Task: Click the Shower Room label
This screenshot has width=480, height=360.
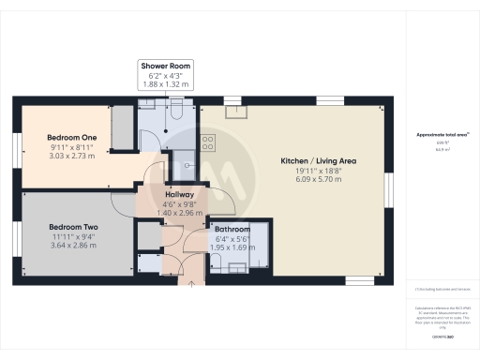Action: point(166,66)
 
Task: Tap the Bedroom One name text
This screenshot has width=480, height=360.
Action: point(72,137)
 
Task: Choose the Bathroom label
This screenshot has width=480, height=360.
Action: point(232,229)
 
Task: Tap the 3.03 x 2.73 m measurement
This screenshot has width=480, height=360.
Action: point(72,157)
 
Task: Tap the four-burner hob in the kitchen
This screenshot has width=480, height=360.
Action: point(208,143)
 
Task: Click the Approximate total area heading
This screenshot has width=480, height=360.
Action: point(442,134)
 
